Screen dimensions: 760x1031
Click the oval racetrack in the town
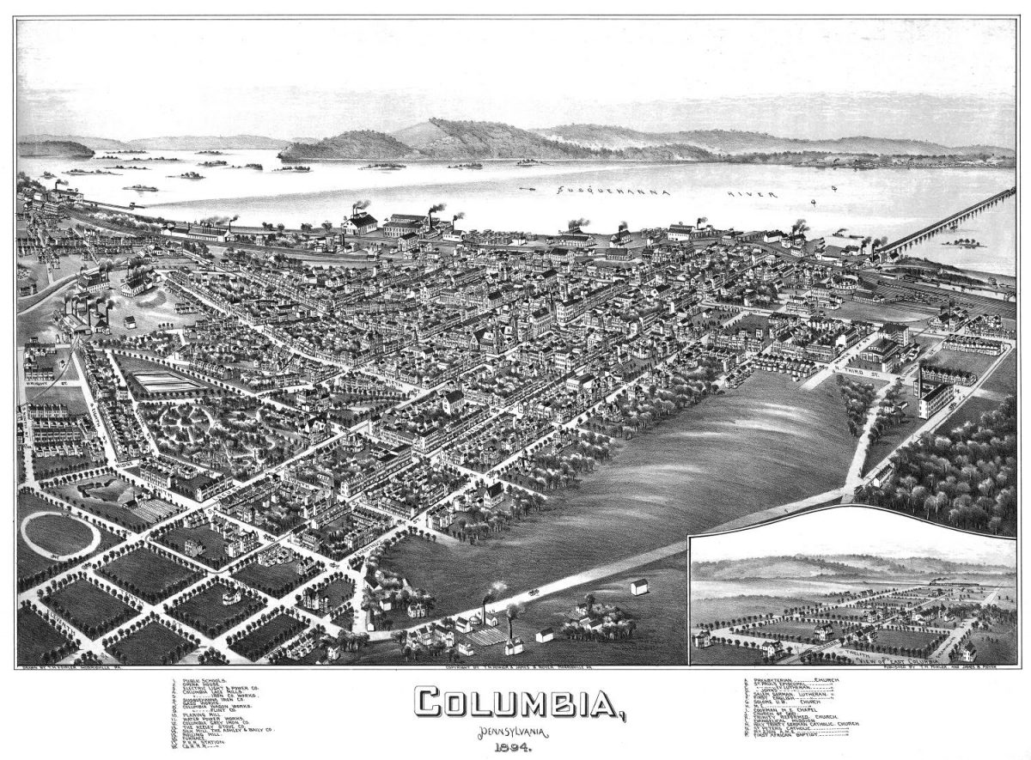click(x=58, y=534)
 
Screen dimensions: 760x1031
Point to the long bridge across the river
click(x=945, y=222)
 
